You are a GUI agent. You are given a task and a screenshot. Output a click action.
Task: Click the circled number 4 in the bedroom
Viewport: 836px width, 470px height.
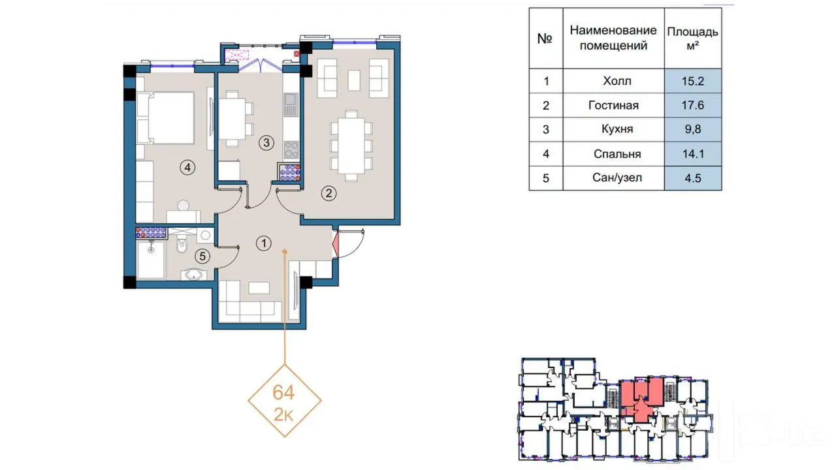click(187, 168)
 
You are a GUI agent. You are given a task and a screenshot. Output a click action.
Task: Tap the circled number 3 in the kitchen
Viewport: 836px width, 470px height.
click(266, 142)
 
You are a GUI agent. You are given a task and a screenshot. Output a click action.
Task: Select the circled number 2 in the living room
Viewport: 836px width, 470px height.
click(329, 193)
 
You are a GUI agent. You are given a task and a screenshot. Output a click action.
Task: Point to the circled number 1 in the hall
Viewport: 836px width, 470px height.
click(263, 243)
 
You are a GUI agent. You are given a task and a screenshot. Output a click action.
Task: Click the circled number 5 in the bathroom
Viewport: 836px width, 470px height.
click(202, 257)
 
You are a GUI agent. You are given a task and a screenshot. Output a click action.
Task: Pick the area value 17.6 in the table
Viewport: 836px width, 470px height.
click(693, 105)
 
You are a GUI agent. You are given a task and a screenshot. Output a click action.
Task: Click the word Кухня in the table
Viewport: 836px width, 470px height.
click(617, 129)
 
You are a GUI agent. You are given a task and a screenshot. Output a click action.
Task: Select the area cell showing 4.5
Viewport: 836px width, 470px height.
click(693, 178)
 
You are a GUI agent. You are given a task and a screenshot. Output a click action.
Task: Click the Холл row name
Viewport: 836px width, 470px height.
click(617, 81)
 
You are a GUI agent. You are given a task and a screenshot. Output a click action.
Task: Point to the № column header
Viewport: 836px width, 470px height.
click(545, 39)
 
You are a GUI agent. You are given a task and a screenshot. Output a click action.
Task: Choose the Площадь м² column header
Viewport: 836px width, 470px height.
click(693, 39)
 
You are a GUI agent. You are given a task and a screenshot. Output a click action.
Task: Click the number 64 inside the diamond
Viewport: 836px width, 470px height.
click(283, 392)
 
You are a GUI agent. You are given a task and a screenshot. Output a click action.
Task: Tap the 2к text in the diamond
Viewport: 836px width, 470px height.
click(283, 415)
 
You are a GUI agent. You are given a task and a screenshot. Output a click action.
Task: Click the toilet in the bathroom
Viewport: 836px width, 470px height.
click(182, 246)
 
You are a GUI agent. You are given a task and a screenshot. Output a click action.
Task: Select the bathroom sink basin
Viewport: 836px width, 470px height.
click(194, 275)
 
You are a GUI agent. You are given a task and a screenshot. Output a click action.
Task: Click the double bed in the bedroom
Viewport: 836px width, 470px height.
click(166, 118)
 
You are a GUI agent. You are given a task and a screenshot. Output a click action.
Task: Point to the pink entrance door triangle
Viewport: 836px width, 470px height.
click(336, 244)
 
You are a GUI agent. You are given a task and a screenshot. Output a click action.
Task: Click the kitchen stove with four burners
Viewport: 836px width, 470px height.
click(291, 150)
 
